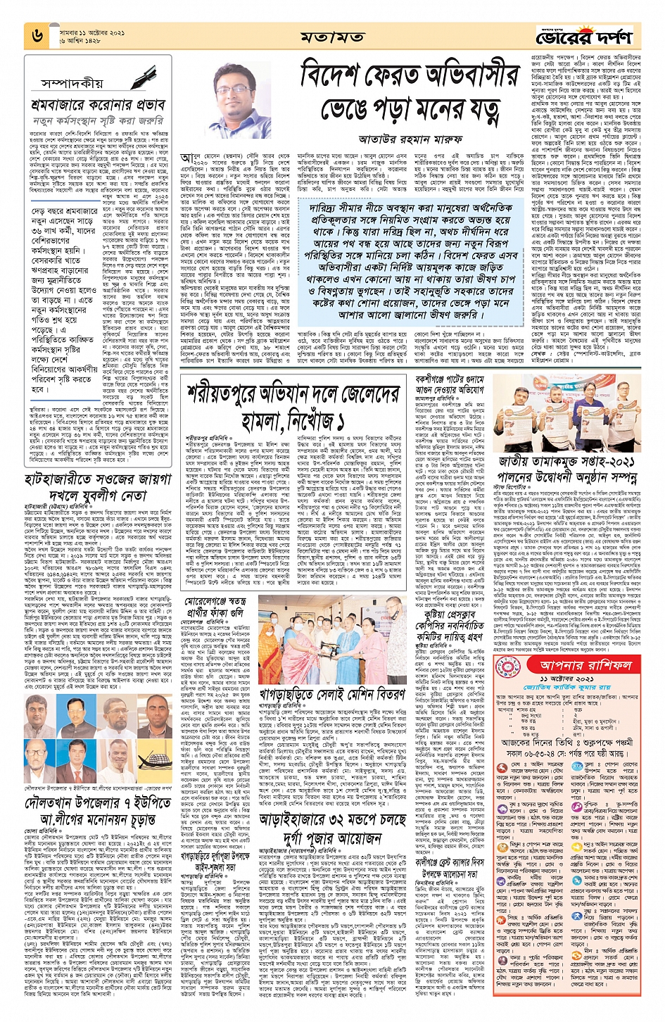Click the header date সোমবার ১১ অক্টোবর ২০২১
[x=91, y=32]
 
